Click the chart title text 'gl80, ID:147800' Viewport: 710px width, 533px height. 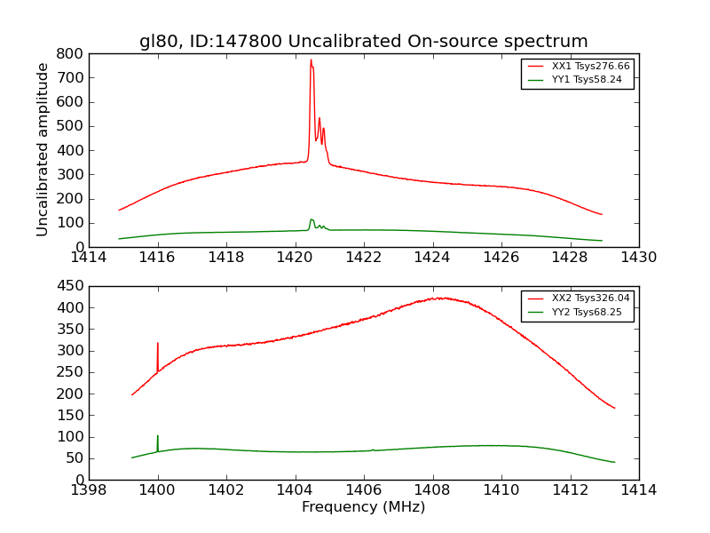click(364, 42)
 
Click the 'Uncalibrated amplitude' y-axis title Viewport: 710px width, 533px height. click(43, 149)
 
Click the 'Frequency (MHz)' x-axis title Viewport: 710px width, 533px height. click(363, 507)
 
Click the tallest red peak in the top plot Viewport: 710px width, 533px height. click(311, 61)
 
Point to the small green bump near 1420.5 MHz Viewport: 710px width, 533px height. click(312, 220)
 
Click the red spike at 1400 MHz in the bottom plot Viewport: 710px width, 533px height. click(158, 345)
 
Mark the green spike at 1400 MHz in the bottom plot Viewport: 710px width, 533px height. click(158, 437)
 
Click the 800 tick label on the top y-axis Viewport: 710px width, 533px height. click(72, 53)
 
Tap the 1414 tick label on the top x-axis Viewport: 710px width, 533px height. click(90, 258)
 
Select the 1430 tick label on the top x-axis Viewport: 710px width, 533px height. click(638, 258)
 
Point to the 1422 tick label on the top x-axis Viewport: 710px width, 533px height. click(364, 258)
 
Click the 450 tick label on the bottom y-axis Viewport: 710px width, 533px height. click(72, 286)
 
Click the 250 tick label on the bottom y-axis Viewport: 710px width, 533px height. click(72, 372)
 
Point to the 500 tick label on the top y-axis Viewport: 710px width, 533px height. click(72, 126)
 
